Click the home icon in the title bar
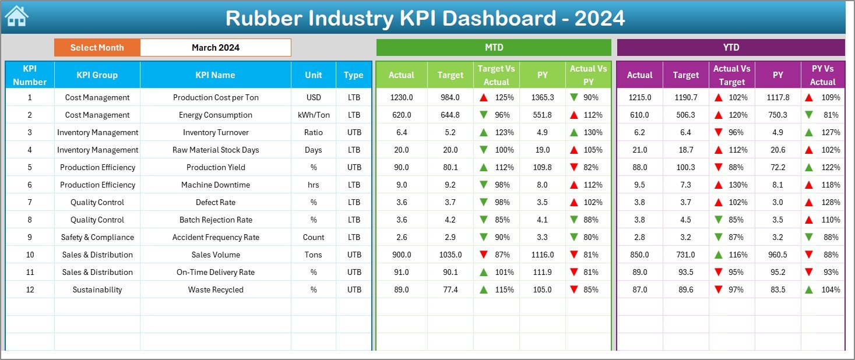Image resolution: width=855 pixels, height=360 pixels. click(16, 16)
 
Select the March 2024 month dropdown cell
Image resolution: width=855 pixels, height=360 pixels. click(215, 48)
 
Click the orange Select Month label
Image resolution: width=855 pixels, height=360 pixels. click(97, 48)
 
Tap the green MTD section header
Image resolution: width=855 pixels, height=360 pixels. click(493, 48)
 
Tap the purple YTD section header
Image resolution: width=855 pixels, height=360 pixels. click(730, 48)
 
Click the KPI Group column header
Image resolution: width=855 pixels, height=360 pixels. click(97, 75)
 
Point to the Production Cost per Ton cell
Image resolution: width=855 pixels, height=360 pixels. click(215, 97)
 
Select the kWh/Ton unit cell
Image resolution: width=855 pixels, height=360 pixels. click(313, 115)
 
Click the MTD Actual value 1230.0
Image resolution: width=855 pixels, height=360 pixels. click(401, 97)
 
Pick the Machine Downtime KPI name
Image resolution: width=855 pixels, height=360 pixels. click(215, 185)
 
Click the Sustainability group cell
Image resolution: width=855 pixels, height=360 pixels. click(97, 290)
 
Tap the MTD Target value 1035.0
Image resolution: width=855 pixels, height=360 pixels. click(450, 255)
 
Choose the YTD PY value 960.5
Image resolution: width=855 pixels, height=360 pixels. click(778, 255)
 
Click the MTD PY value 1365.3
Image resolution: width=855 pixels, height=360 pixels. click(542, 97)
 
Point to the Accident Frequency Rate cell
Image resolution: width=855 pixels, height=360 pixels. click(215, 237)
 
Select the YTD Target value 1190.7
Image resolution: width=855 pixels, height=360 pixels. click(685, 97)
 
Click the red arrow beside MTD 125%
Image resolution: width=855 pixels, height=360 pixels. click(483, 98)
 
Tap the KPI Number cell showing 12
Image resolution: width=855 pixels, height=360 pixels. click(30, 290)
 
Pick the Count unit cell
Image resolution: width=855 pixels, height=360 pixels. click(313, 237)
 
